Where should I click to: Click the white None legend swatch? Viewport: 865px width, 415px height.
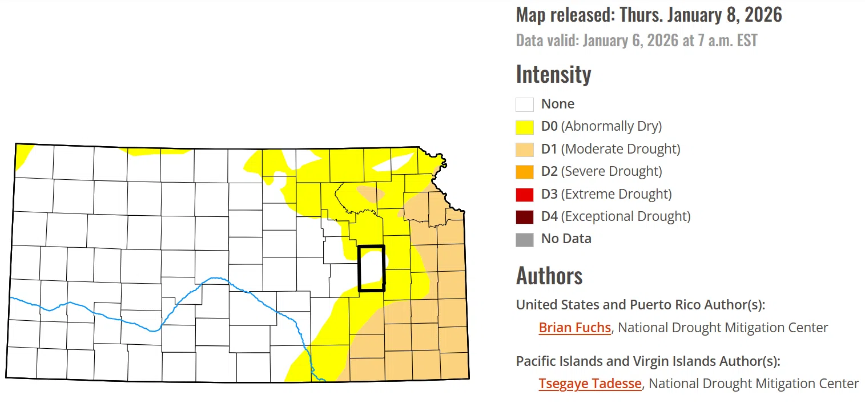(525, 104)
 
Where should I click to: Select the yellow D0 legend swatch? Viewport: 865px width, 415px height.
(525, 127)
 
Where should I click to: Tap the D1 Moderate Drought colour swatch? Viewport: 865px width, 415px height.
(525, 149)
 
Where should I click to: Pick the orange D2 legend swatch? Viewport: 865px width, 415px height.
(525, 171)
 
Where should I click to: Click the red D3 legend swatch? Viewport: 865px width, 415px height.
(525, 194)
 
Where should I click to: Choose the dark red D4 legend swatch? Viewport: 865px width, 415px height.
(525, 216)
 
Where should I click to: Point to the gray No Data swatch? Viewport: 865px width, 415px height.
(525, 239)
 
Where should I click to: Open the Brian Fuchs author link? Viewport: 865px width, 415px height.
(574, 328)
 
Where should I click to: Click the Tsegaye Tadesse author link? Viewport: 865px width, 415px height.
(590, 384)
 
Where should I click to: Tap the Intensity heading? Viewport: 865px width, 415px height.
(553, 74)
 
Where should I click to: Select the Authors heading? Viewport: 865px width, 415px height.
(549, 276)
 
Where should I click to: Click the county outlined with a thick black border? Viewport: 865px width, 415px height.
(371, 268)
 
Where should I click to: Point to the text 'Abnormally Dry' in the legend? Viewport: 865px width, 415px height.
(611, 126)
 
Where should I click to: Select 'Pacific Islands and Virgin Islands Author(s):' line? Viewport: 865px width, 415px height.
(647, 361)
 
